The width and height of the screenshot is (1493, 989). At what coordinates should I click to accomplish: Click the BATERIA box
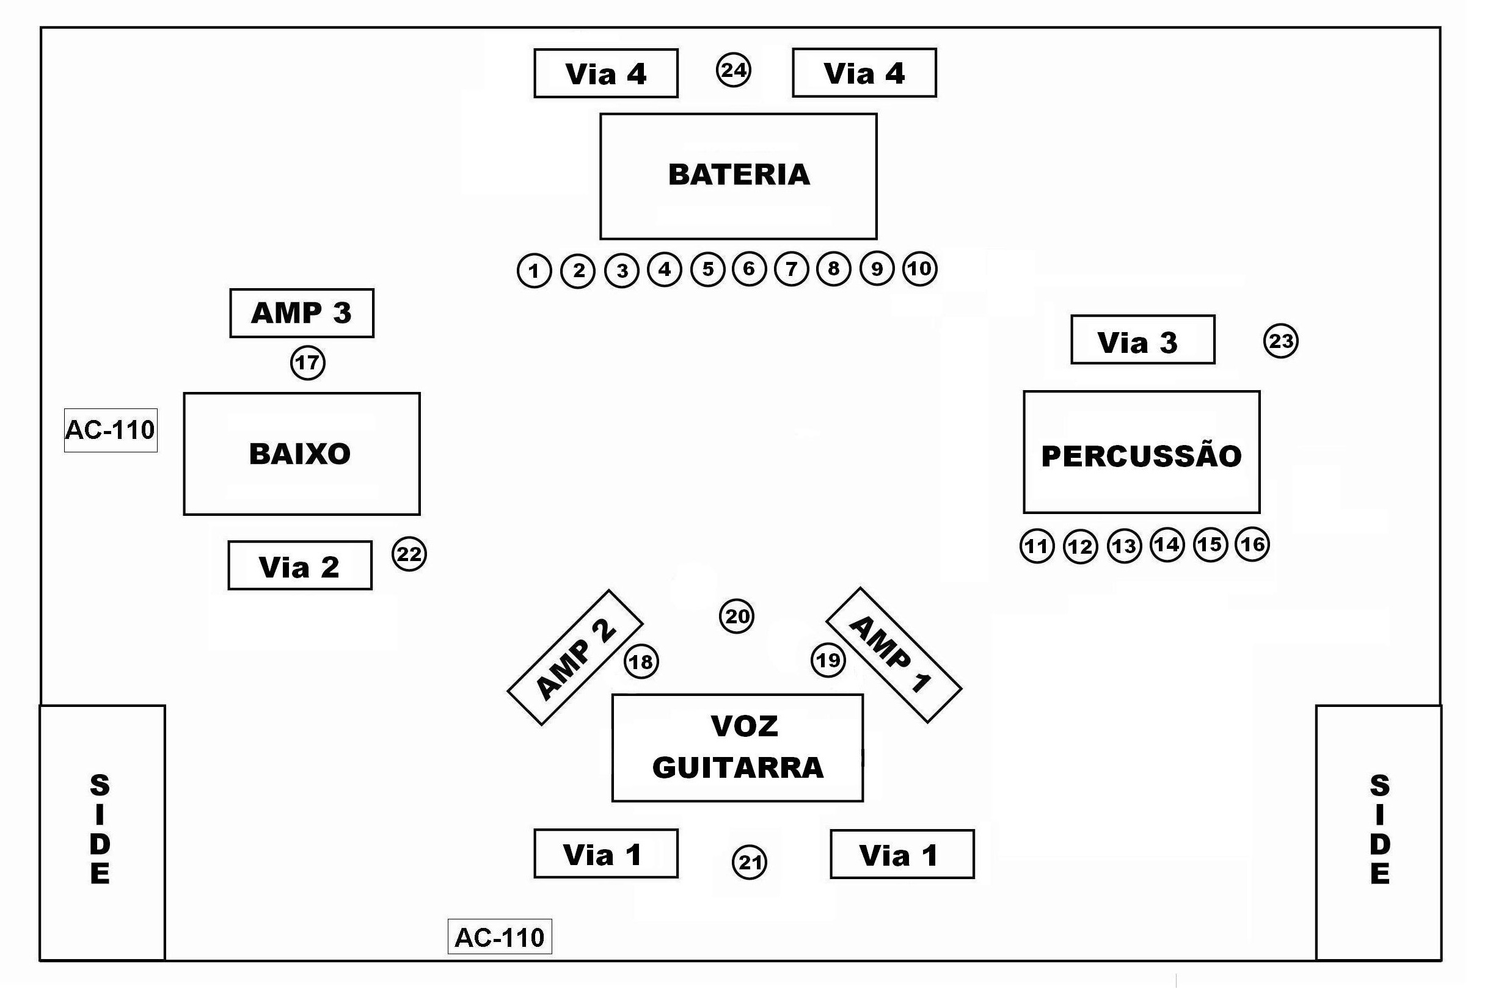point(739,176)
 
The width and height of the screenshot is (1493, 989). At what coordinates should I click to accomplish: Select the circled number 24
point(733,70)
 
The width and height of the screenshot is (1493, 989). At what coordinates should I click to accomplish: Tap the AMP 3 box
point(302,313)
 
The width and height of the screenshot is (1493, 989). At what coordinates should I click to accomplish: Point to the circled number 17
point(307,363)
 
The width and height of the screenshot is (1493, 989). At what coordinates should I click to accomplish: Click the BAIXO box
point(302,454)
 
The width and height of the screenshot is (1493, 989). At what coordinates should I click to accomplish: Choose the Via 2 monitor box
point(300,565)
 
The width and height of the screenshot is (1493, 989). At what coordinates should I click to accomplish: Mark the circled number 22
point(409,554)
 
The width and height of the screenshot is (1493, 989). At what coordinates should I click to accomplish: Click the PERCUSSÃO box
point(1142,452)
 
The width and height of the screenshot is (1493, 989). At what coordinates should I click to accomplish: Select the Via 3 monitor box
point(1143,340)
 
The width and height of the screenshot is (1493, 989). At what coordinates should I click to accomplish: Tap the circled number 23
point(1281,341)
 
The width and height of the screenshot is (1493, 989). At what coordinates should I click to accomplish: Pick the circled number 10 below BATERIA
point(919,269)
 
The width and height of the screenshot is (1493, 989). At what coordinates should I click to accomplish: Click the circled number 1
point(535,270)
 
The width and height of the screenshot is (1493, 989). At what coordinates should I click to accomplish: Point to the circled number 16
point(1252,544)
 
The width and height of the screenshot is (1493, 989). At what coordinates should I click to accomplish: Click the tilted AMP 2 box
point(575,658)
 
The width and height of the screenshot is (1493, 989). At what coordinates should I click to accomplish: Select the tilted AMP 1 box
point(894,655)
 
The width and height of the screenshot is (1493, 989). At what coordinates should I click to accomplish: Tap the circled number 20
point(736,616)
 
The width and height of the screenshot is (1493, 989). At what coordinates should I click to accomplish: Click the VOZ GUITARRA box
point(738,748)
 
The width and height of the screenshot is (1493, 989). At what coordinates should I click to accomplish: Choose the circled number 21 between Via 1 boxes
point(749,862)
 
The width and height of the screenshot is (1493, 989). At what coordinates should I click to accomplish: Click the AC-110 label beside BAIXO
point(111,430)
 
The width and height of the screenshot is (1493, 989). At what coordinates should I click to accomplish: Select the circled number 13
point(1124,546)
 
